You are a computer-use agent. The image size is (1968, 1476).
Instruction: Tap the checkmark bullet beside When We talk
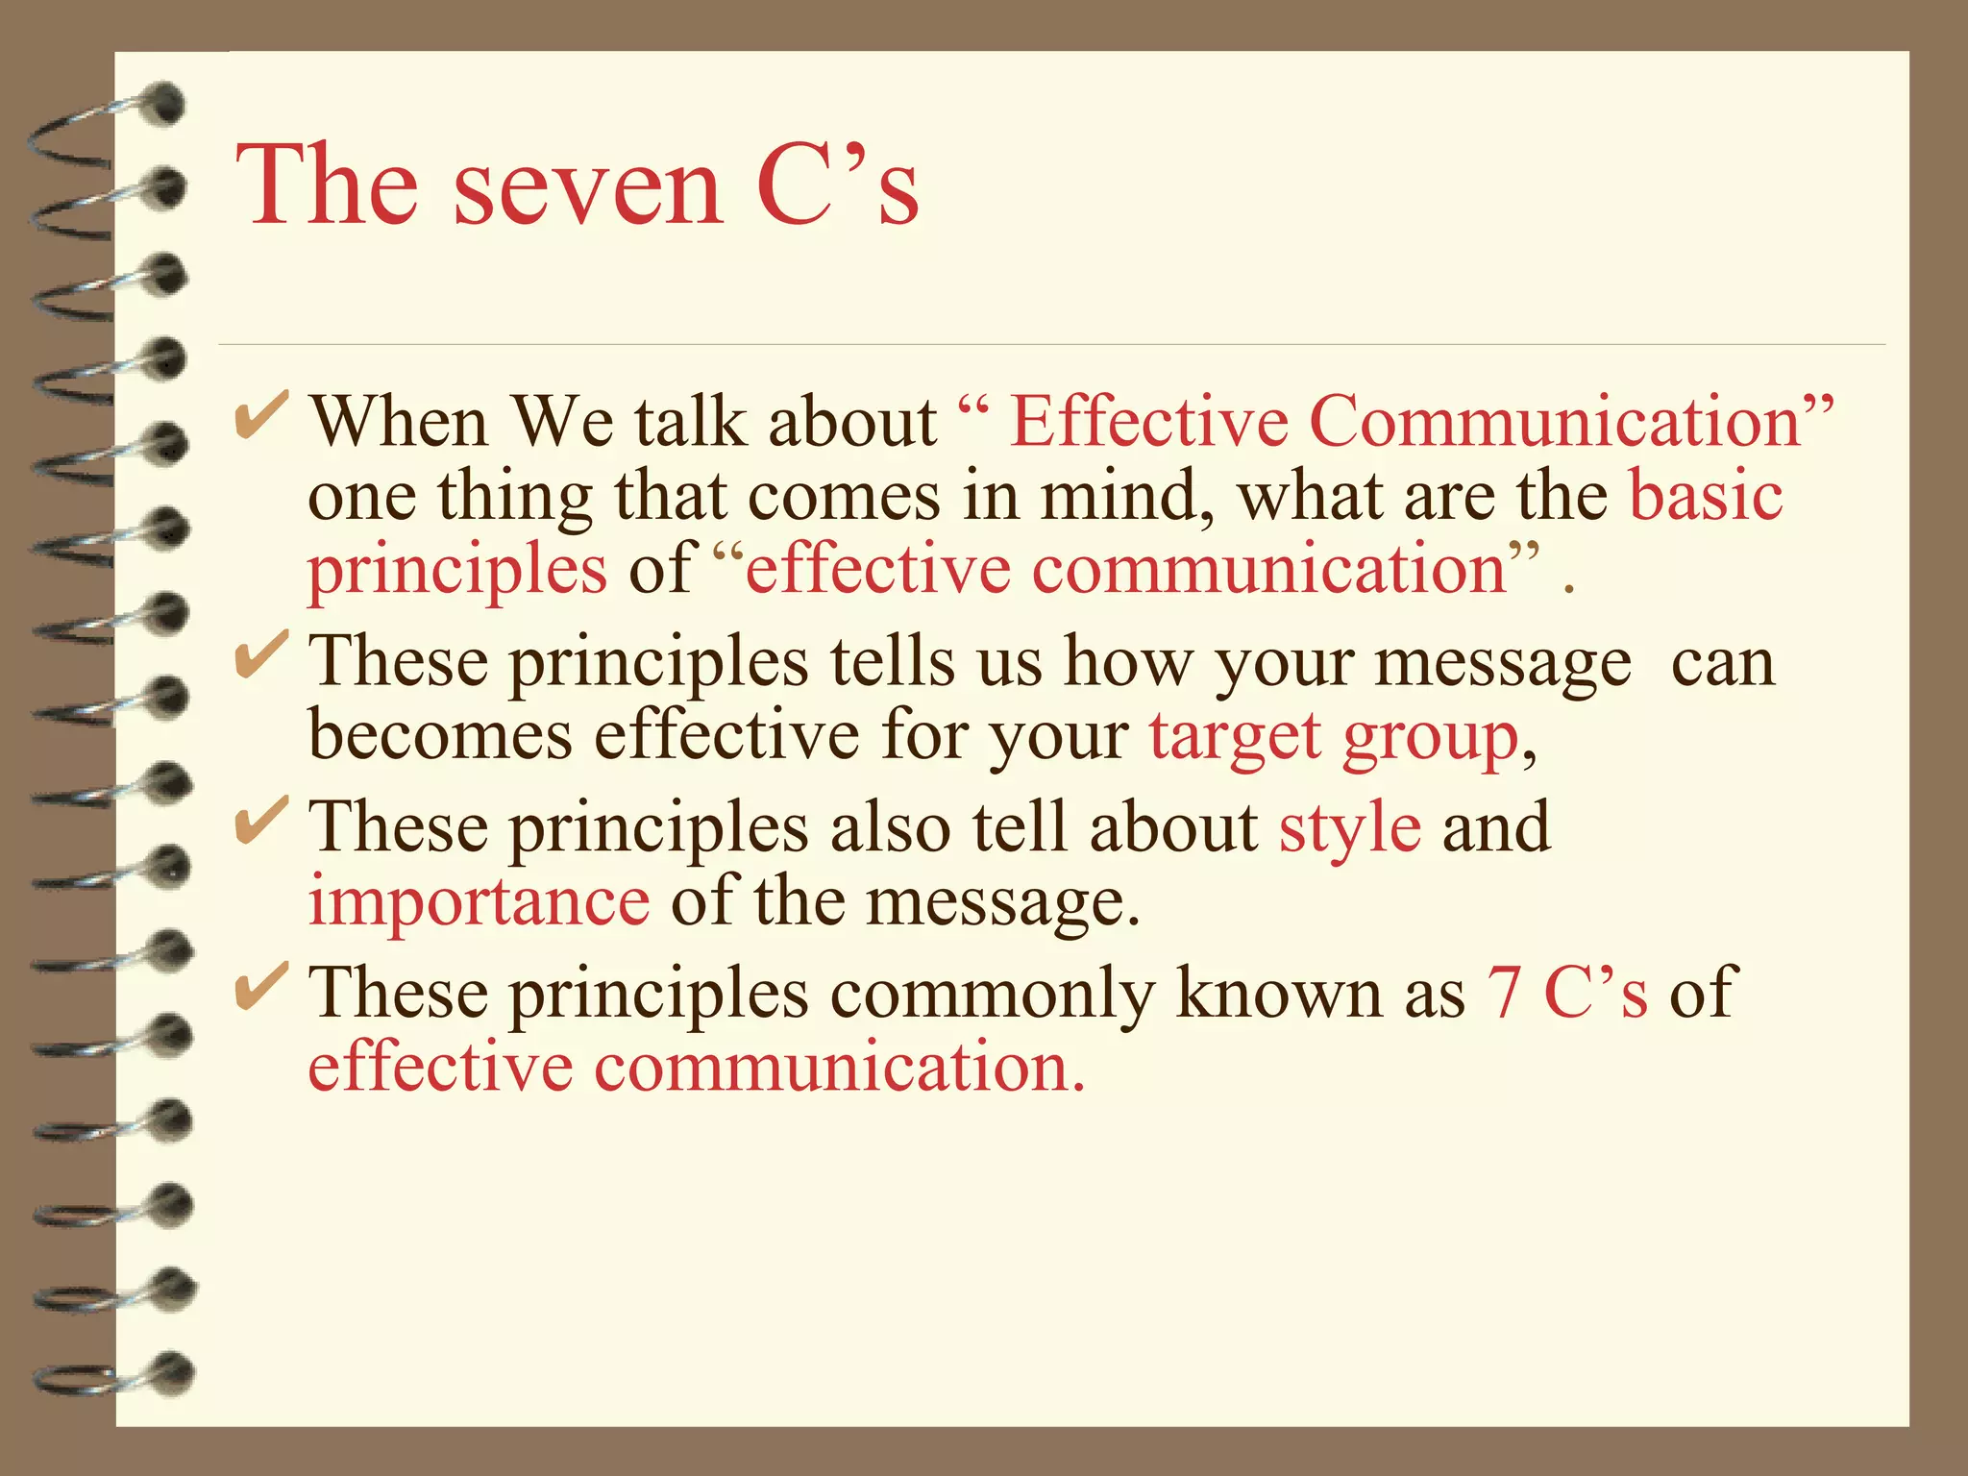pyautogui.click(x=260, y=417)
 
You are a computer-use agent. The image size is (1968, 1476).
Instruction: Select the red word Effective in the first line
pyautogui.click(x=1148, y=423)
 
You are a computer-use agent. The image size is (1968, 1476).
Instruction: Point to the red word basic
pyautogui.click(x=1706, y=497)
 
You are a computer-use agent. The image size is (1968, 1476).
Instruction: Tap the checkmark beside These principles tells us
pyautogui.click(x=260, y=656)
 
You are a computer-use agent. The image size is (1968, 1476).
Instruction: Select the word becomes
pyautogui.click(x=440, y=735)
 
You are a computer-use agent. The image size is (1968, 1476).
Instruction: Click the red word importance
pyautogui.click(x=479, y=903)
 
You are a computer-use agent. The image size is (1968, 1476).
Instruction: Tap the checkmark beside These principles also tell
pyautogui.click(x=260, y=822)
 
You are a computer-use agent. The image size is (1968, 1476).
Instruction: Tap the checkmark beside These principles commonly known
pyautogui.click(x=260, y=987)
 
